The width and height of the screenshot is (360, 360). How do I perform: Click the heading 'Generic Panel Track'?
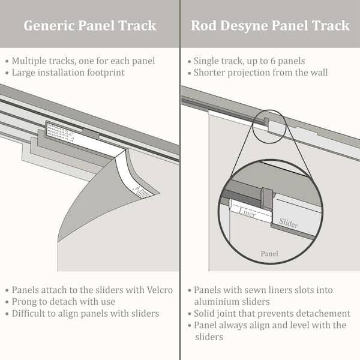[89, 26]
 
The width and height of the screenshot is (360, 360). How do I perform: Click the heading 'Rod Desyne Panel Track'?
[270, 26]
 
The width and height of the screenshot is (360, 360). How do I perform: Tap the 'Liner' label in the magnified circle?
[247, 211]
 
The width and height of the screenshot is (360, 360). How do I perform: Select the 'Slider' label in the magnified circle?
[289, 223]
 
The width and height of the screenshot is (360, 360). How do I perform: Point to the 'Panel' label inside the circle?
[269, 253]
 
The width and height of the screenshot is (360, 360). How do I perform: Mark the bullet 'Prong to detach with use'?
[64, 302]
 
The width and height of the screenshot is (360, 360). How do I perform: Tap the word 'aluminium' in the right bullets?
[217, 302]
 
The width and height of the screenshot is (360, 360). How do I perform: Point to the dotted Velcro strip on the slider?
[63, 131]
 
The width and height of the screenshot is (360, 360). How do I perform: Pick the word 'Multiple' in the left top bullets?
[31, 61]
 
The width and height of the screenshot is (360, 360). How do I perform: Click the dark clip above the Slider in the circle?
[267, 197]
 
